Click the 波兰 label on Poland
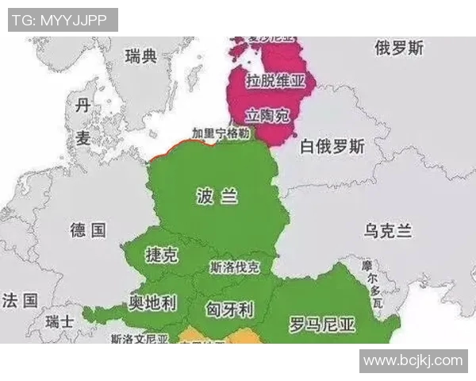[x=217, y=197]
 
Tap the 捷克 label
[x=162, y=255]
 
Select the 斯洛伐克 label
[x=235, y=267]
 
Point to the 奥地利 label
[x=152, y=303]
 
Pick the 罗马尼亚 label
[x=321, y=324]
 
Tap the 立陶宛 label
[x=267, y=115]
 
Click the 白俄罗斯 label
[x=332, y=147]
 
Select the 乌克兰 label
[x=388, y=231]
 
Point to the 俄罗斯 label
[x=399, y=48]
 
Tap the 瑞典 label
[x=142, y=56]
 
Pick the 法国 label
[x=20, y=300]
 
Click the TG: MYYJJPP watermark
[x=62, y=20]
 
